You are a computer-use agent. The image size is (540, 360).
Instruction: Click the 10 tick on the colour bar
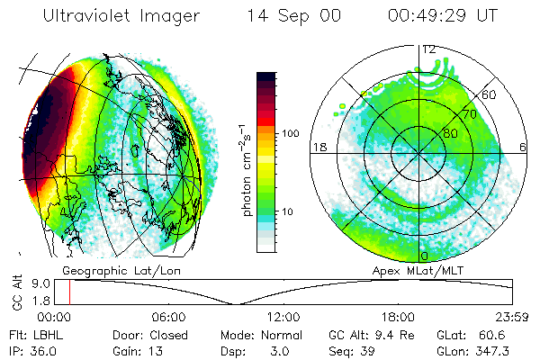coord(288,211)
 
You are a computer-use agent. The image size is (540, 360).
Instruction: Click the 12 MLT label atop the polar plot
coord(430,49)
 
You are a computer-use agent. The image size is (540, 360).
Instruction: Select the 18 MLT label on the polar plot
coord(318,147)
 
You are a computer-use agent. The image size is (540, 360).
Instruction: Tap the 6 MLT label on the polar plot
coord(523,147)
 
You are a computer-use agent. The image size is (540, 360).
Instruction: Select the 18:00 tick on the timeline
coord(399,317)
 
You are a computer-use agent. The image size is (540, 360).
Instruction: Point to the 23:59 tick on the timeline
coord(513,317)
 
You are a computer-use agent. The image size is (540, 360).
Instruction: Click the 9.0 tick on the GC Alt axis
coord(51,283)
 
